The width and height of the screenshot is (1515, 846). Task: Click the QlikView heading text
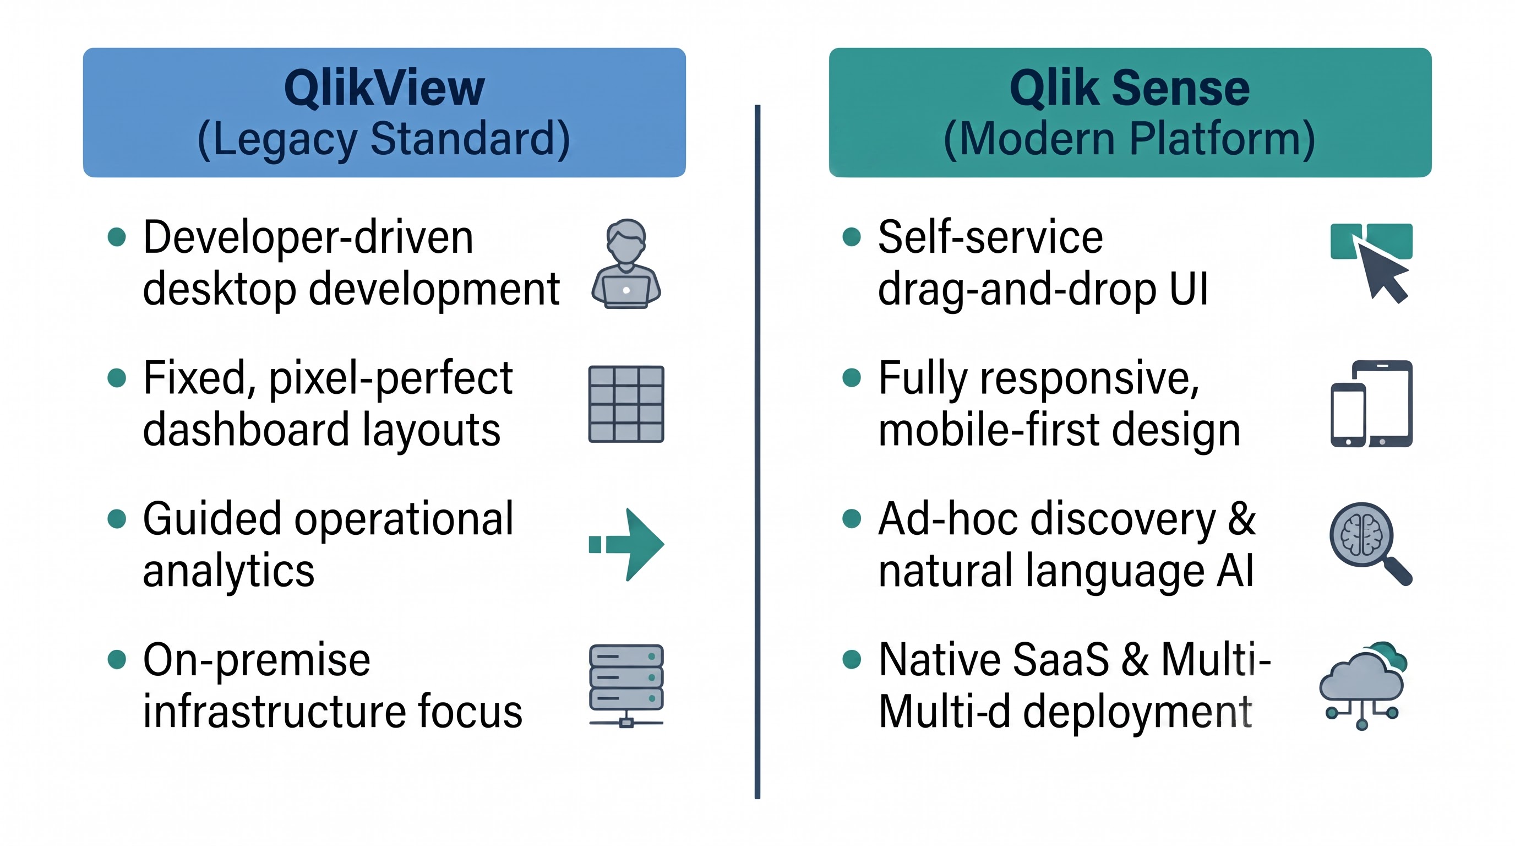384,88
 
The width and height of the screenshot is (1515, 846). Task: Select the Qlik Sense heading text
1130,88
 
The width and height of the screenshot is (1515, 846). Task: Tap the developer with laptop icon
626,264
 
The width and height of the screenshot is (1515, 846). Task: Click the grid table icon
626,404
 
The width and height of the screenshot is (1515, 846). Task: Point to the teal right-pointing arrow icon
627,544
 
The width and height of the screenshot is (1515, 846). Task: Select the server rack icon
626,686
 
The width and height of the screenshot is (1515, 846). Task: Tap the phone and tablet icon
1371,404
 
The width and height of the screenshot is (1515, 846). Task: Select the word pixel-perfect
391,379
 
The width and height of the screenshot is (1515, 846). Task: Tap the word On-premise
257,660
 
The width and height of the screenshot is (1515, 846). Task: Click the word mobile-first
989,430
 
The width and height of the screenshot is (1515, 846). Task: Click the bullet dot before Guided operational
117,519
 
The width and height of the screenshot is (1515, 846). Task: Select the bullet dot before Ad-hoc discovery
852,519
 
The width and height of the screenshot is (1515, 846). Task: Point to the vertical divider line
757,452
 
